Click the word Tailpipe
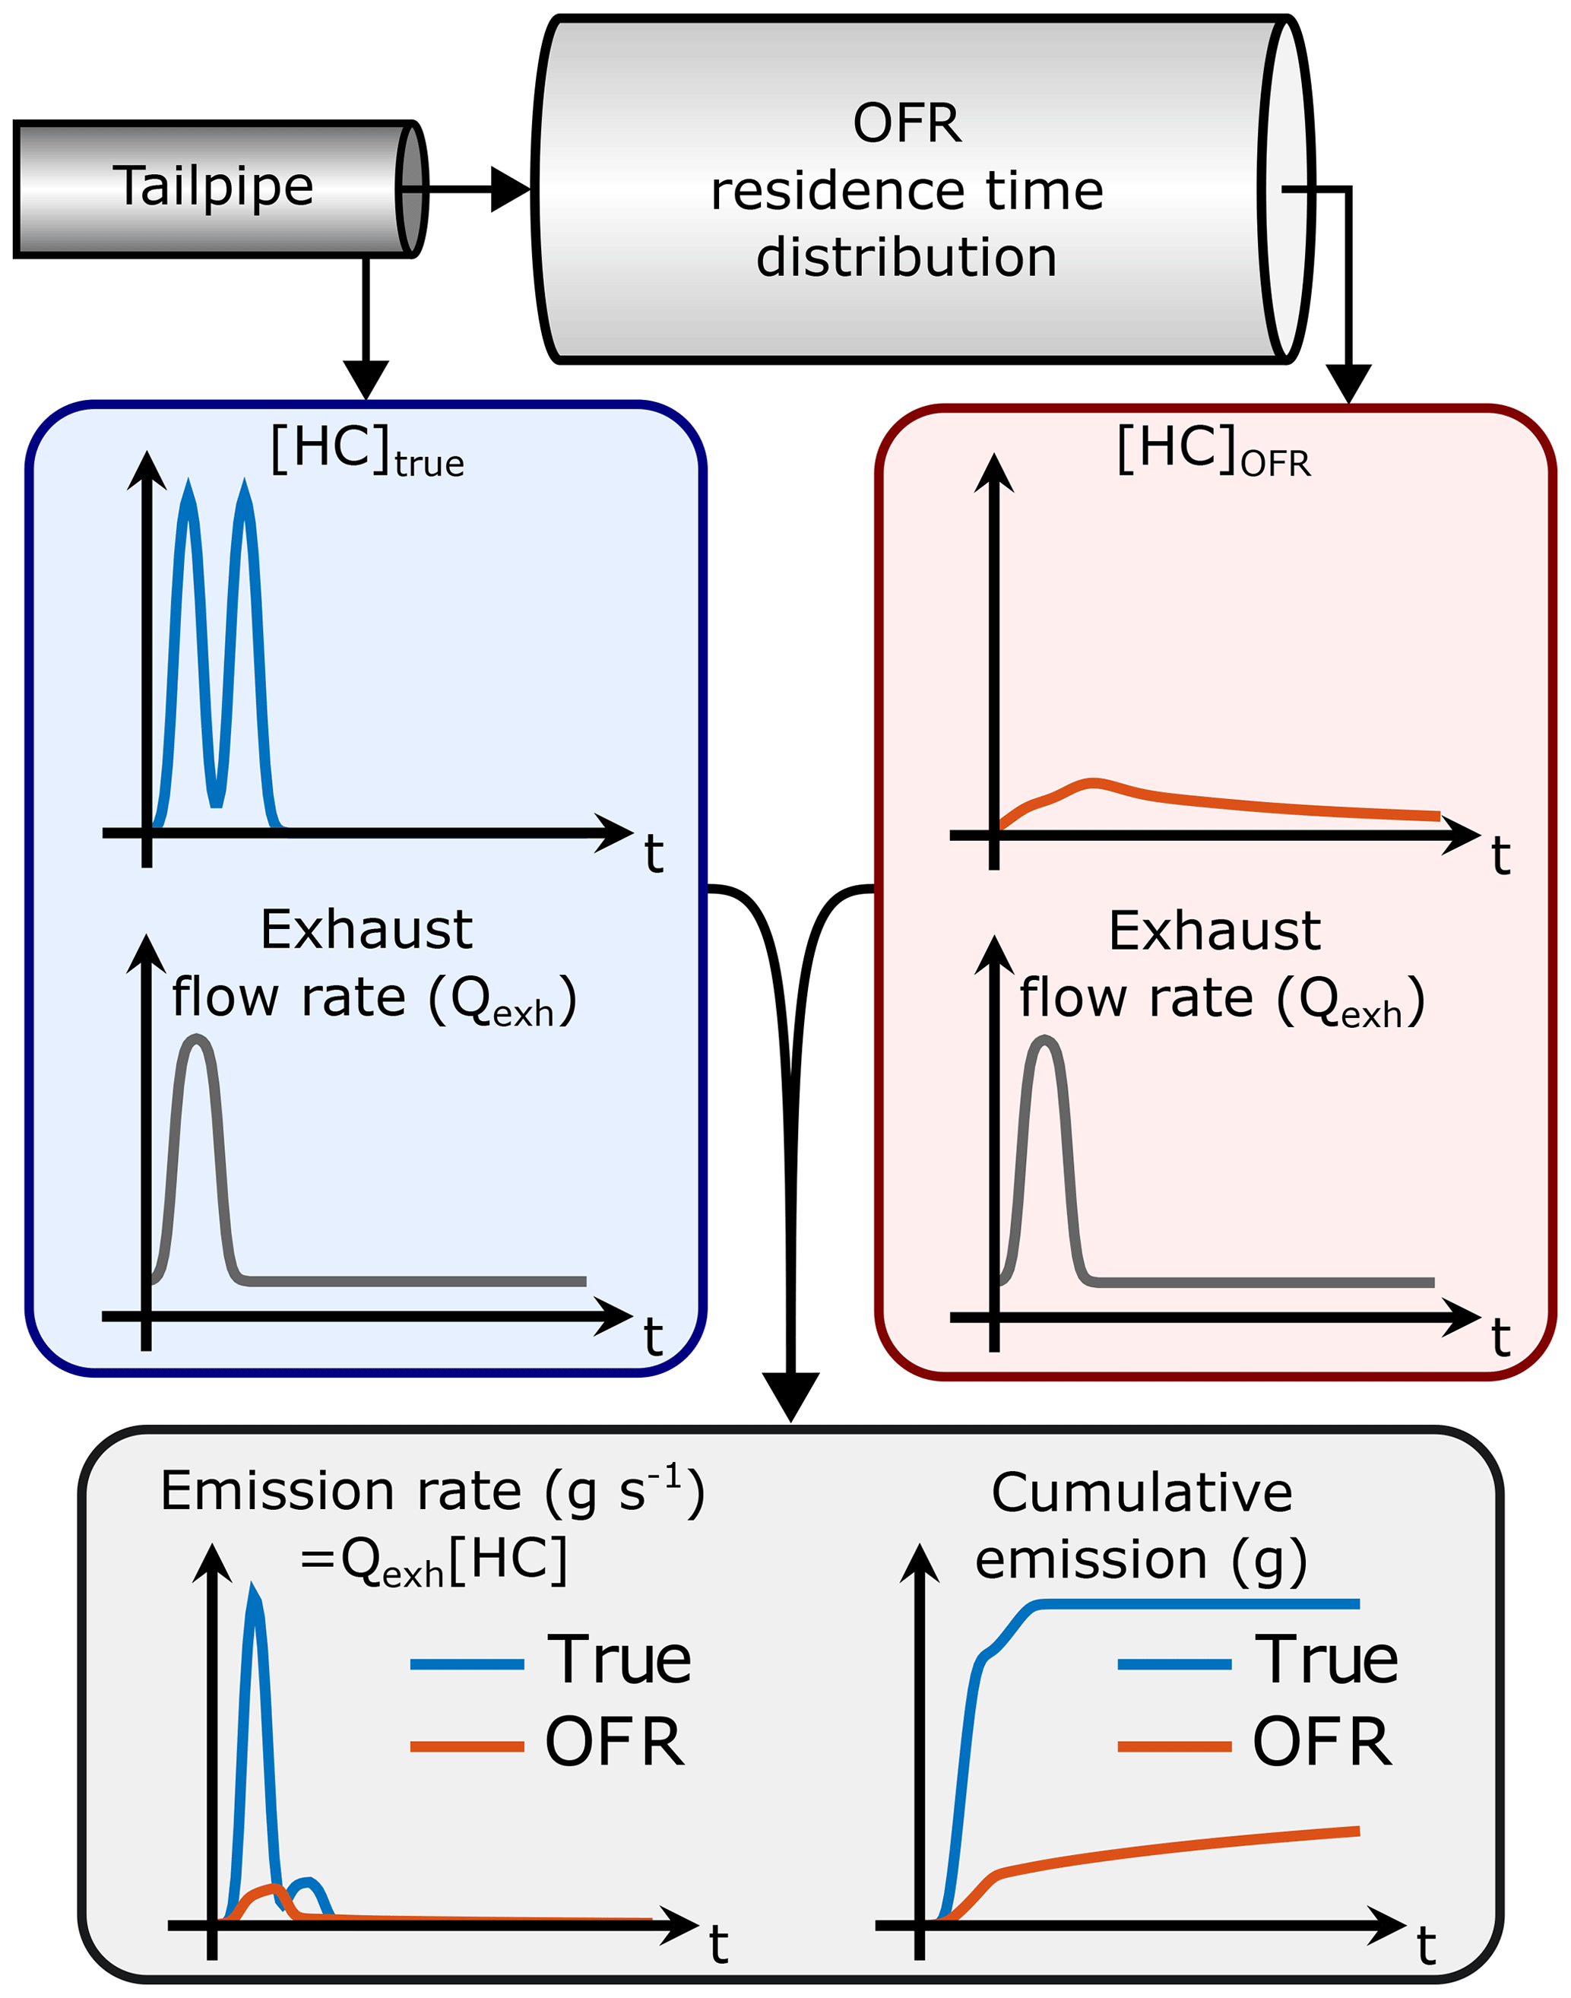tap(213, 187)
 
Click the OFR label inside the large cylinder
tap(907, 123)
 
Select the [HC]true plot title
tap(367, 451)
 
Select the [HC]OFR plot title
tap(1213, 451)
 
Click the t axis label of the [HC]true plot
tap(654, 855)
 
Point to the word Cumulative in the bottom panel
tap(1142, 1493)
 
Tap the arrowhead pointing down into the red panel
tap(1348, 382)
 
